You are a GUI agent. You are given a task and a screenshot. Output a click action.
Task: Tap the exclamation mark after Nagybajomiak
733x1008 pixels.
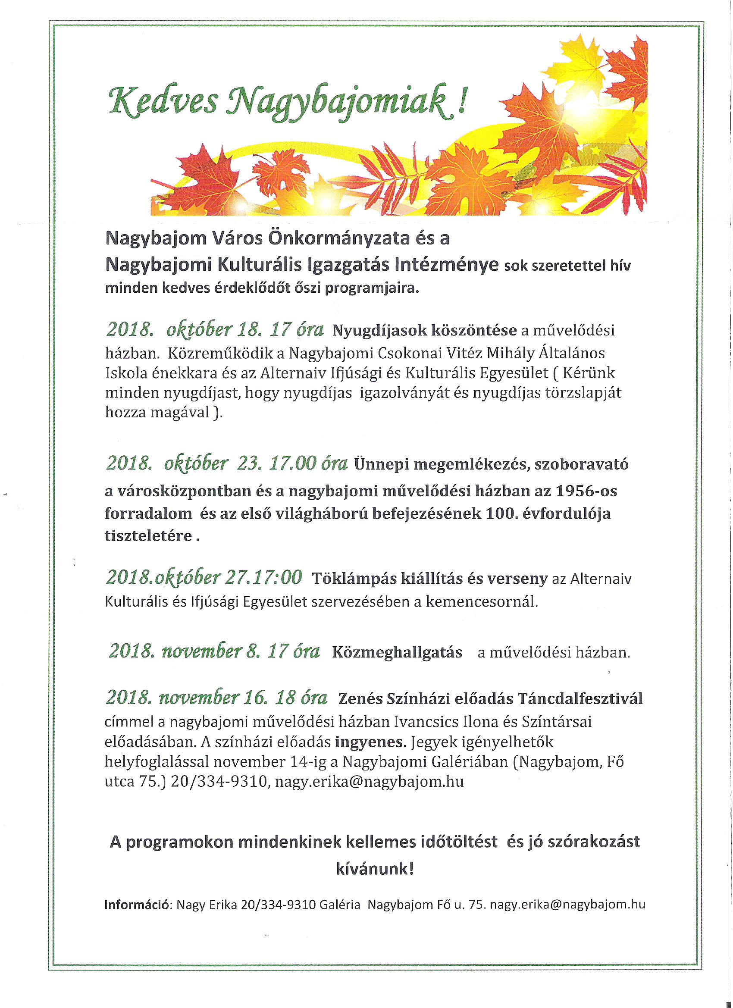click(462, 100)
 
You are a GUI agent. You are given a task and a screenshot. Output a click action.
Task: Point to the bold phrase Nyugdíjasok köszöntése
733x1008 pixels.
click(425, 330)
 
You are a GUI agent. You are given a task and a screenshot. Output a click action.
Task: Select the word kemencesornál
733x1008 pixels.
click(482, 601)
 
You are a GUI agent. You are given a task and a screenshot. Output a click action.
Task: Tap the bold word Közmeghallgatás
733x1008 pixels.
click(397, 652)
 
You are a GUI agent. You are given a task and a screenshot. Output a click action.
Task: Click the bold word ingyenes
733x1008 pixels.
click(371, 742)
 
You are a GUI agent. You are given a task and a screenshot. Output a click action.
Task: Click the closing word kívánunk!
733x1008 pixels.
click(375, 868)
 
